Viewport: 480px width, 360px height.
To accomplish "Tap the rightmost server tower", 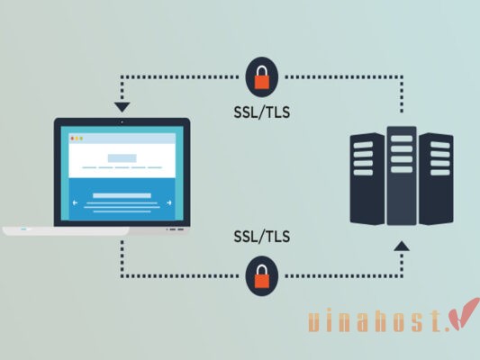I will [436, 180].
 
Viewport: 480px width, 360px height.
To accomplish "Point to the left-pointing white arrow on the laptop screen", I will [76, 202].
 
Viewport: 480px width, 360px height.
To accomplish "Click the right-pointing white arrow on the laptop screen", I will [168, 202].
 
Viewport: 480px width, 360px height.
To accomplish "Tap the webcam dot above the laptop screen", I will [121, 121].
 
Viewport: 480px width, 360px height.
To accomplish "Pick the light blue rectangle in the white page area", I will [121, 158].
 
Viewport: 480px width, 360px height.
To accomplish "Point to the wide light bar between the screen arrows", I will [122, 194].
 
